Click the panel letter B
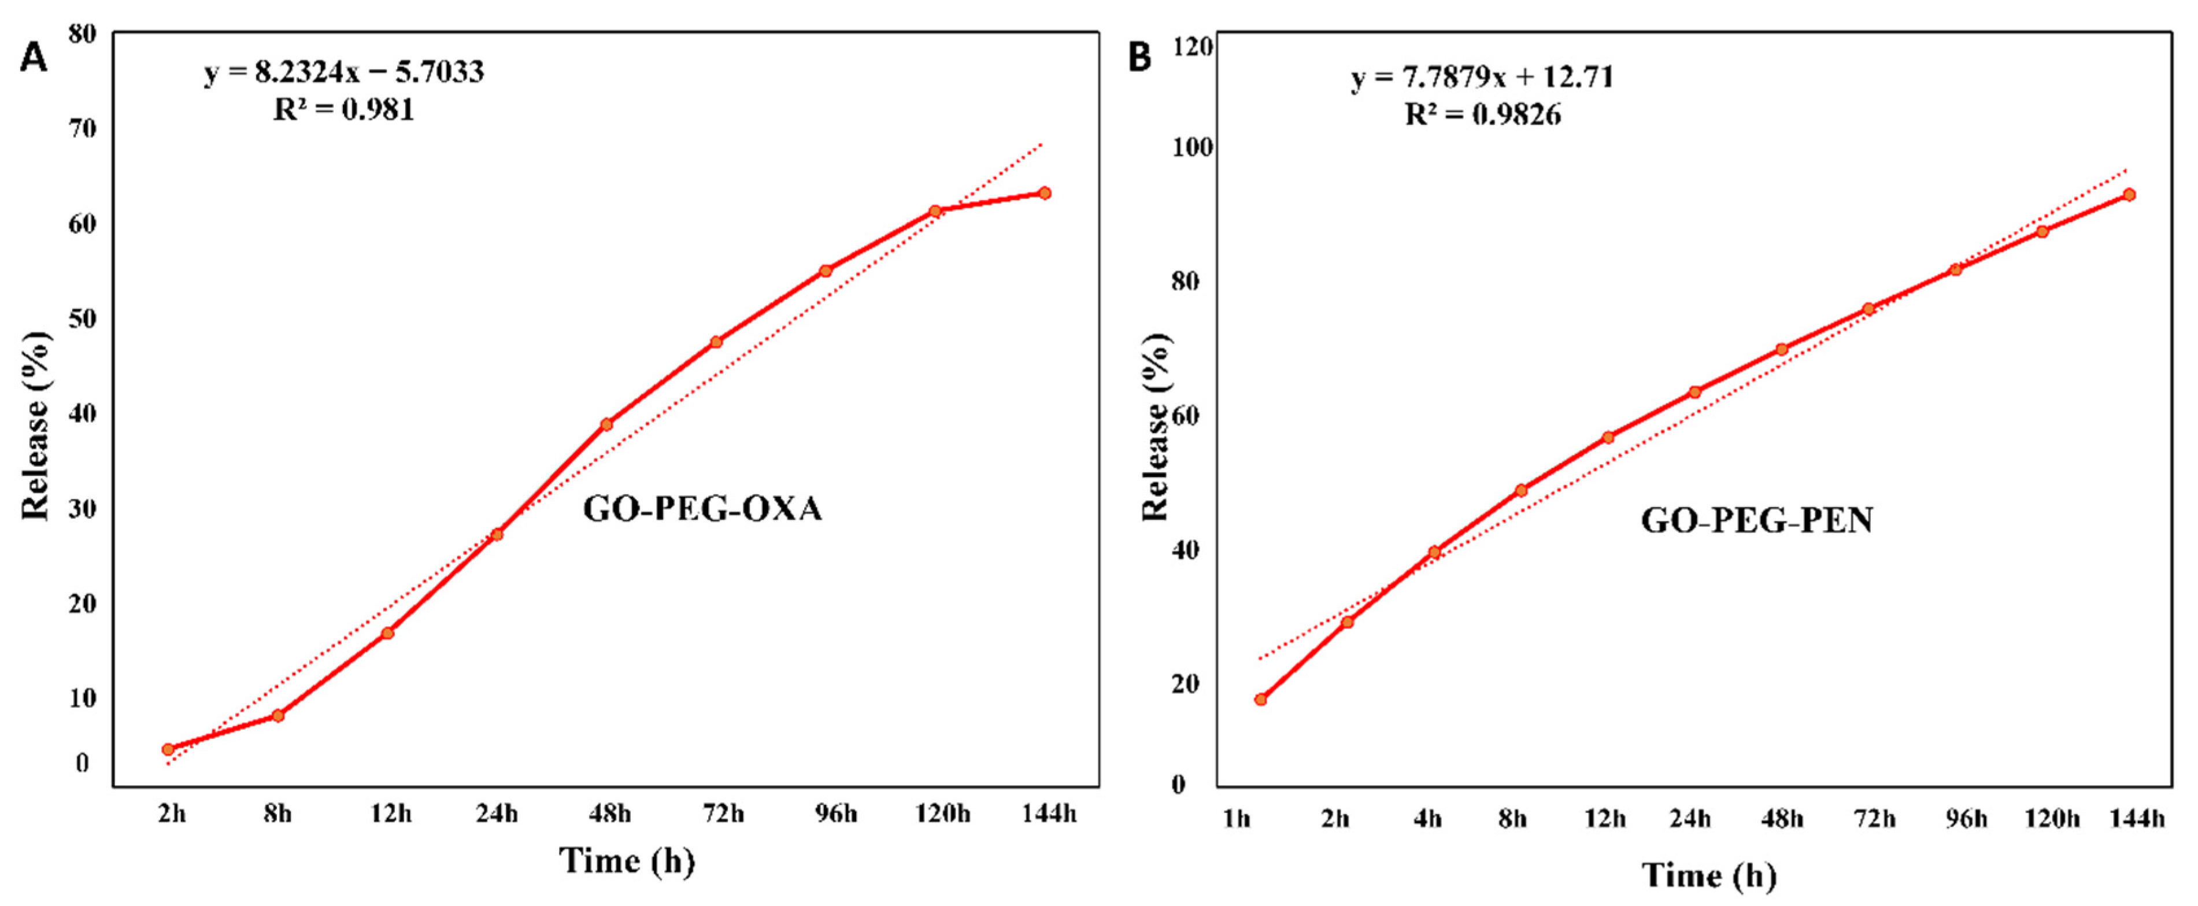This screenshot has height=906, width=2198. [1140, 58]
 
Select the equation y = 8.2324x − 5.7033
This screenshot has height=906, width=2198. [344, 72]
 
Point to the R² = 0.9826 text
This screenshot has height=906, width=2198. [1483, 114]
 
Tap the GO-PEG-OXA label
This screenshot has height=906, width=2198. [702, 509]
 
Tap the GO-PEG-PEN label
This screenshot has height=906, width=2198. [1757, 520]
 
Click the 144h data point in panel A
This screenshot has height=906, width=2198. [1045, 194]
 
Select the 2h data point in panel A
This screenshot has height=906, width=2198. [168, 749]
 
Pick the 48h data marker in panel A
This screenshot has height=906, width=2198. [606, 424]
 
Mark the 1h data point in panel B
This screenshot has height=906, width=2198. [1260, 700]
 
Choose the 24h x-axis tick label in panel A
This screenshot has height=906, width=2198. [497, 814]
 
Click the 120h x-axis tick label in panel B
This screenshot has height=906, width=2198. [2052, 819]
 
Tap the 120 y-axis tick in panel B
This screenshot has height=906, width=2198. [1193, 47]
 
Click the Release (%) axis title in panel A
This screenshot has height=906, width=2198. [36, 425]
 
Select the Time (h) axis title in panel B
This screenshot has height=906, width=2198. [1709, 875]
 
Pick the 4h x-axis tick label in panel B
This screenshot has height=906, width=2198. [1427, 819]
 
